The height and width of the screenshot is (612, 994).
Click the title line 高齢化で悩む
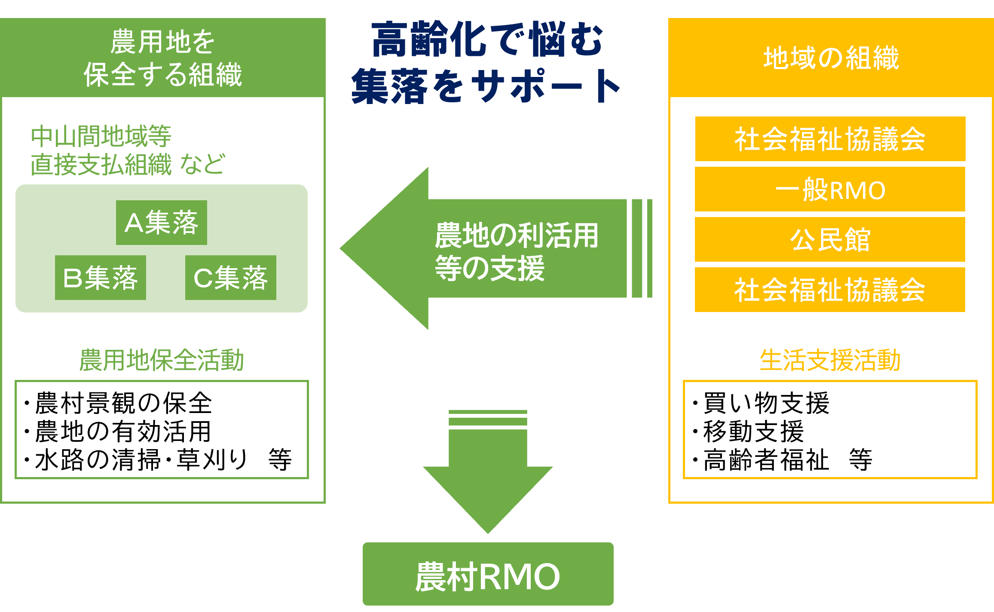[x=487, y=40]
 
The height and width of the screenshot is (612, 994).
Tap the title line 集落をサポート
[x=486, y=86]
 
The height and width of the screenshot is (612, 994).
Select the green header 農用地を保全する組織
[x=162, y=58]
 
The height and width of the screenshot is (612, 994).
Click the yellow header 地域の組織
[x=831, y=58]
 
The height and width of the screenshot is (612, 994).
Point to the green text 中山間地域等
[x=101, y=136]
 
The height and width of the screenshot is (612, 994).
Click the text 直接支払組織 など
[x=127, y=164]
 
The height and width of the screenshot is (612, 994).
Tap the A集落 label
[x=161, y=223]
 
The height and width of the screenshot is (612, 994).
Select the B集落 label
[x=100, y=278]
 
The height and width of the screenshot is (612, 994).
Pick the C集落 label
[x=230, y=278]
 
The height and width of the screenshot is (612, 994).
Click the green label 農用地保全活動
[x=162, y=360]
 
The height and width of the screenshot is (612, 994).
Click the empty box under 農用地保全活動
[x=162, y=429]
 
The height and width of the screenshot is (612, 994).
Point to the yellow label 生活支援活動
[x=830, y=360]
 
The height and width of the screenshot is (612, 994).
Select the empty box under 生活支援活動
[x=830, y=429]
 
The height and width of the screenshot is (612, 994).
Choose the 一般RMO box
[x=830, y=190]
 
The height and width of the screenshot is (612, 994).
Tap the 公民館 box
[x=830, y=239]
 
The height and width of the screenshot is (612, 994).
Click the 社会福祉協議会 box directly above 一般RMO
[x=830, y=139]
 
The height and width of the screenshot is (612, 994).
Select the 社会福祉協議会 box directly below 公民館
[x=830, y=290]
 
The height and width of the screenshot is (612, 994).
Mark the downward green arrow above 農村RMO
[x=488, y=473]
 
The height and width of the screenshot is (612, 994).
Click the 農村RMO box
[x=488, y=574]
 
